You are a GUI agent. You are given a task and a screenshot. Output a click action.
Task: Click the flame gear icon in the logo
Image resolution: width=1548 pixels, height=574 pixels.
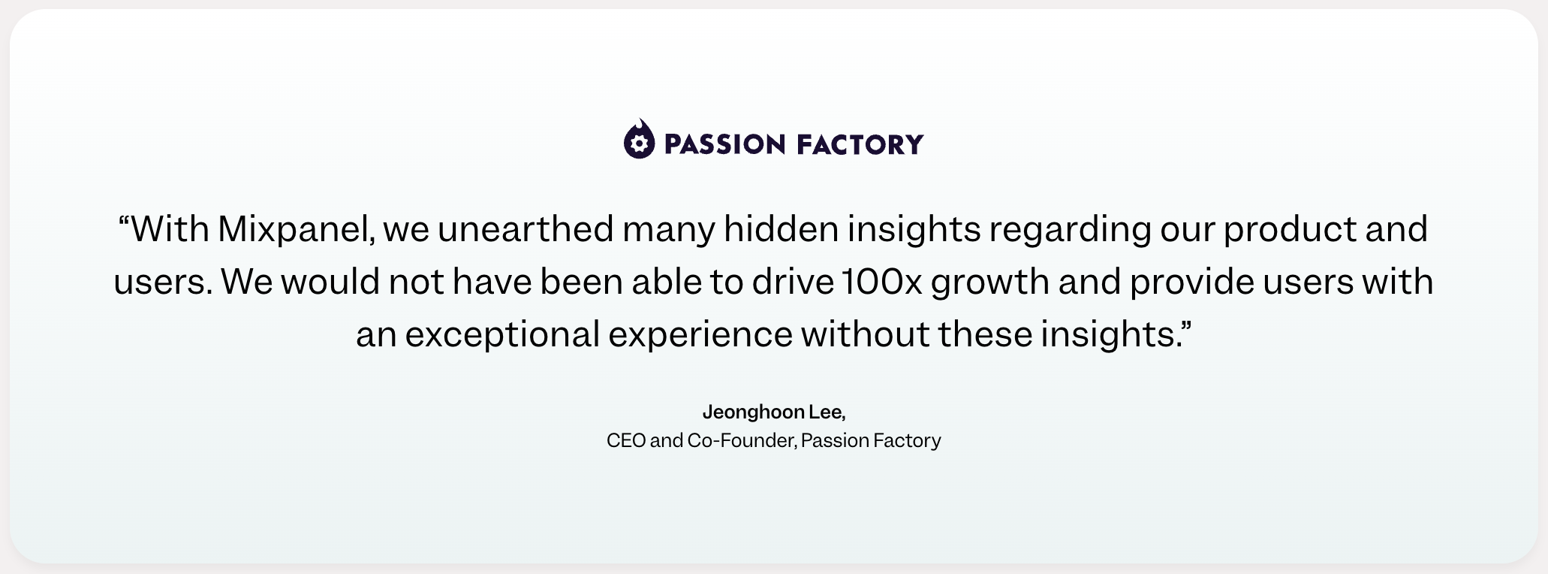click(x=639, y=139)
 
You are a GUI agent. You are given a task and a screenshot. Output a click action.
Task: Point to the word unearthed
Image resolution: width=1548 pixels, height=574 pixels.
click(x=526, y=228)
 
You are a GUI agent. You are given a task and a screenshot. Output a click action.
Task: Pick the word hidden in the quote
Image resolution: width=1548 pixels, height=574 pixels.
click(x=781, y=228)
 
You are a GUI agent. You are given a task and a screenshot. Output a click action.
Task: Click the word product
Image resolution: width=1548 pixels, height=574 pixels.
click(x=1291, y=230)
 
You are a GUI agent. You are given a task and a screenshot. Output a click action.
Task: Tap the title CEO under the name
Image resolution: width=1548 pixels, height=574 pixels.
click(x=626, y=440)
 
